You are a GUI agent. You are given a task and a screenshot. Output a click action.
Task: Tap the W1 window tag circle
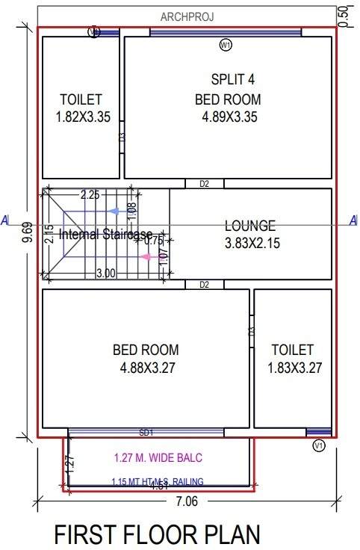click(x=226, y=46)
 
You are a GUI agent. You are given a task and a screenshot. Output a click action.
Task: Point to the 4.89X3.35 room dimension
click(x=229, y=117)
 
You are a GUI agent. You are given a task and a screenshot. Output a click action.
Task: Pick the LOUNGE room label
click(x=250, y=225)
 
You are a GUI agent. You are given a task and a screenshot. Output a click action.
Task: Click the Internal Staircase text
click(x=105, y=234)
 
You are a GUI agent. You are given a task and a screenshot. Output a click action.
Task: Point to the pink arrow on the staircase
click(x=152, y=257)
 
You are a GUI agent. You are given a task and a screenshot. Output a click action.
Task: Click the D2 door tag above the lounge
click(x=204, y=184)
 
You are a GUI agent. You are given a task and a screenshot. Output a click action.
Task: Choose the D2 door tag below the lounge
click(x=204, y=285)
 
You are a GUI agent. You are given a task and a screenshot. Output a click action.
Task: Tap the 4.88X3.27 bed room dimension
click(x=146, y=368)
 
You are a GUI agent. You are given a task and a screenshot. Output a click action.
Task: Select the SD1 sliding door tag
click(x=146, y=433)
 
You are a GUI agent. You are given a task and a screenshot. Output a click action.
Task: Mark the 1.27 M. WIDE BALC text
click(x=158, y=457)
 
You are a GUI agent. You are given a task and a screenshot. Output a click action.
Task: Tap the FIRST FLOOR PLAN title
click(x=157, y=534)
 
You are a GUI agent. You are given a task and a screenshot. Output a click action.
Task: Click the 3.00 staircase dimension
click(x=105, y=274)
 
